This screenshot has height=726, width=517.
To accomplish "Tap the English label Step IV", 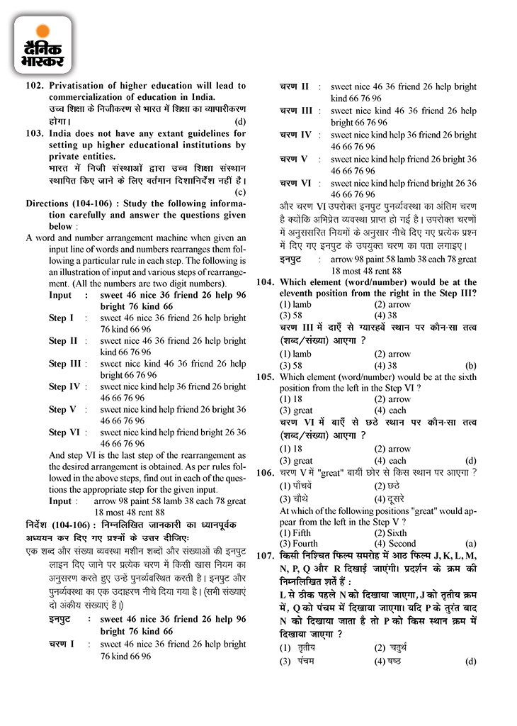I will tap(64, 386).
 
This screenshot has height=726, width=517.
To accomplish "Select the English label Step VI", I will tap(64, 432).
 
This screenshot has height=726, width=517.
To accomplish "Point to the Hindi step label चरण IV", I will tap(295, 135).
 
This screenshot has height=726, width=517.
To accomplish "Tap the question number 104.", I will tap(265, 281).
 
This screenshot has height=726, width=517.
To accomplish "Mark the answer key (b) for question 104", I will tap(470, 366).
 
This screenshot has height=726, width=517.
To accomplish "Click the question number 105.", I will tap(265, 377).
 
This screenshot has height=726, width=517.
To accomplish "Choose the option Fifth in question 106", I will tap(296, 532).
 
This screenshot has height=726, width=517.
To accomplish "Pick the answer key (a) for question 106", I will tap(470, 544).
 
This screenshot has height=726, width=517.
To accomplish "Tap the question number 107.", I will tap(265, 557).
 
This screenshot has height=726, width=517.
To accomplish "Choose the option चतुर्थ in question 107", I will tap(398, 648).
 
